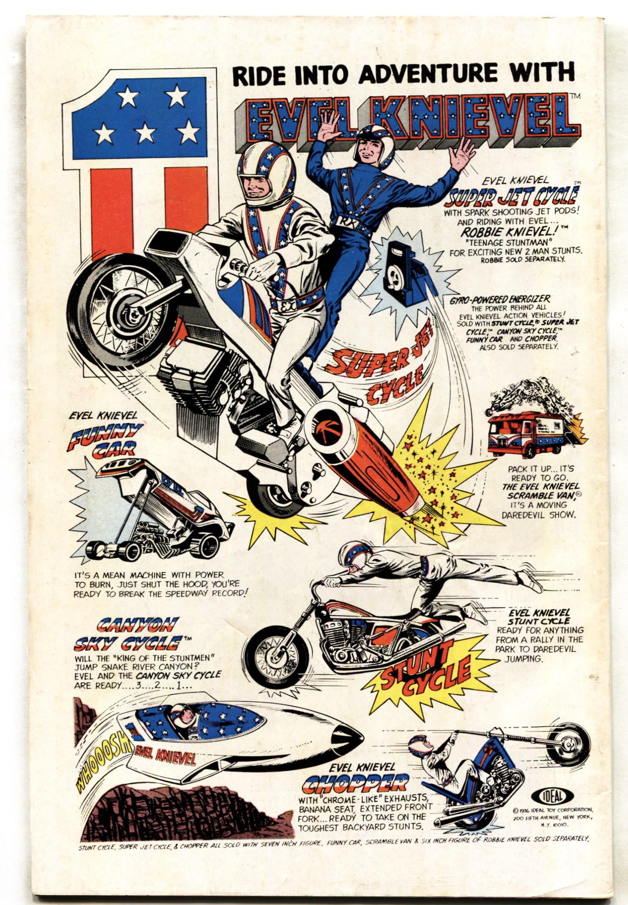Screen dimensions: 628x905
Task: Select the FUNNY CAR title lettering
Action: pos(107,439)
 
